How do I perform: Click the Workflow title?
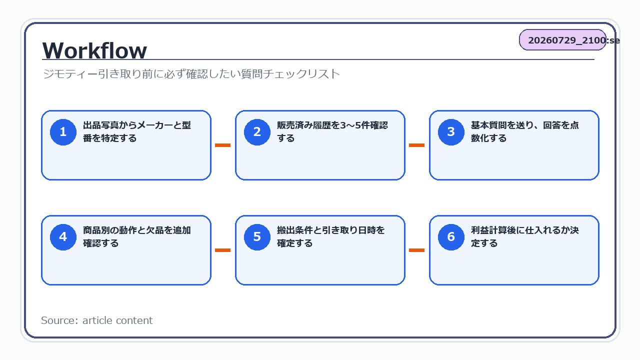94,50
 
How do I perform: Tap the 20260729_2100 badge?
562,39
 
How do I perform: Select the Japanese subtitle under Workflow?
191,73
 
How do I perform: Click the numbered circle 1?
63,132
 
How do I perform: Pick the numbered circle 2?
257,132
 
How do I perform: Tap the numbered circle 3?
451,132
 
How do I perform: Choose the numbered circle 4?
63,237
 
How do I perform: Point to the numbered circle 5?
257,237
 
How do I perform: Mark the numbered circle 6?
451,237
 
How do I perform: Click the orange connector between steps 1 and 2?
223,145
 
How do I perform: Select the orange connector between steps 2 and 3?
417,145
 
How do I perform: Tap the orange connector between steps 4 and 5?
223,250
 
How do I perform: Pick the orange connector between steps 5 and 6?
417,250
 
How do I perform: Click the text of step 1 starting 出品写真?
137,131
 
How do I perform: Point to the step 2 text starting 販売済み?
332,131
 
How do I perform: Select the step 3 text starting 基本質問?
525,131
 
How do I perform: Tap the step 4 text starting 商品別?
137,237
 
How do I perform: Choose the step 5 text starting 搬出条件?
331,237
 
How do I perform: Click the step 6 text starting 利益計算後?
525,237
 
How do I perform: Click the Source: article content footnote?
97,320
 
